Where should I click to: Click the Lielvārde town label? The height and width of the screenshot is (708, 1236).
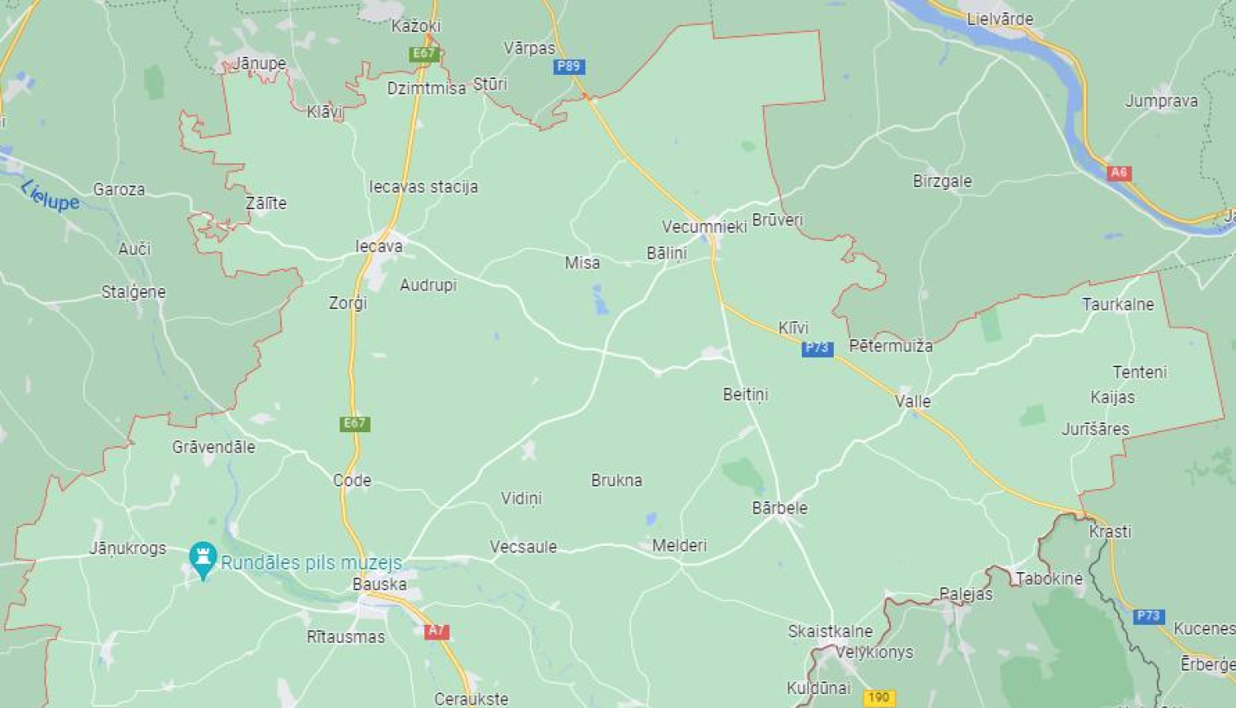[1000, 19]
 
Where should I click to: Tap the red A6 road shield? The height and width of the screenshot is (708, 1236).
[1118, 173]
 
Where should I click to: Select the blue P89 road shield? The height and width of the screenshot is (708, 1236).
[569, 67]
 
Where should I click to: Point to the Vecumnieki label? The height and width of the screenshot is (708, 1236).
[704, 226]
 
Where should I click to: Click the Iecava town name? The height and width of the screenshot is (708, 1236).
[379, 245]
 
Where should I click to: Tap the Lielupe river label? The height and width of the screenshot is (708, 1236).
[50, 195]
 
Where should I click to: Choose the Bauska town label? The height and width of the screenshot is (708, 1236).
[379, 584]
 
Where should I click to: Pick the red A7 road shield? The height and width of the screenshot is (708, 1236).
[436, 631]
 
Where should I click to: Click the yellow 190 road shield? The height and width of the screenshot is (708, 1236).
[879, 697]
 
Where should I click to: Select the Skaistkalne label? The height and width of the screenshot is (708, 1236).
[830, 631]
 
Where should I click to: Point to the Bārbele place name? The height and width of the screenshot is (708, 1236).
[780, 508]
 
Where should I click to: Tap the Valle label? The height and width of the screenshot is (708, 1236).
[913, 401]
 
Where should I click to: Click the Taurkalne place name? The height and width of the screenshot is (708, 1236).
[1117, 304]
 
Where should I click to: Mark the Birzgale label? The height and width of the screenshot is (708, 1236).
[942, 181]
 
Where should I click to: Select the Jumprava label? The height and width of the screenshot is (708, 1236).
[1161, 101]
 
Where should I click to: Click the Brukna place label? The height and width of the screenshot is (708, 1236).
[616, 480]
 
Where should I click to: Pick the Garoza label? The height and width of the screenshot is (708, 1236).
[119, 189]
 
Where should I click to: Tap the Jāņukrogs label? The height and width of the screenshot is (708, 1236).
[128, 548]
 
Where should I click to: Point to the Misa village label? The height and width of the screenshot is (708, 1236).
[582, 263]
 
